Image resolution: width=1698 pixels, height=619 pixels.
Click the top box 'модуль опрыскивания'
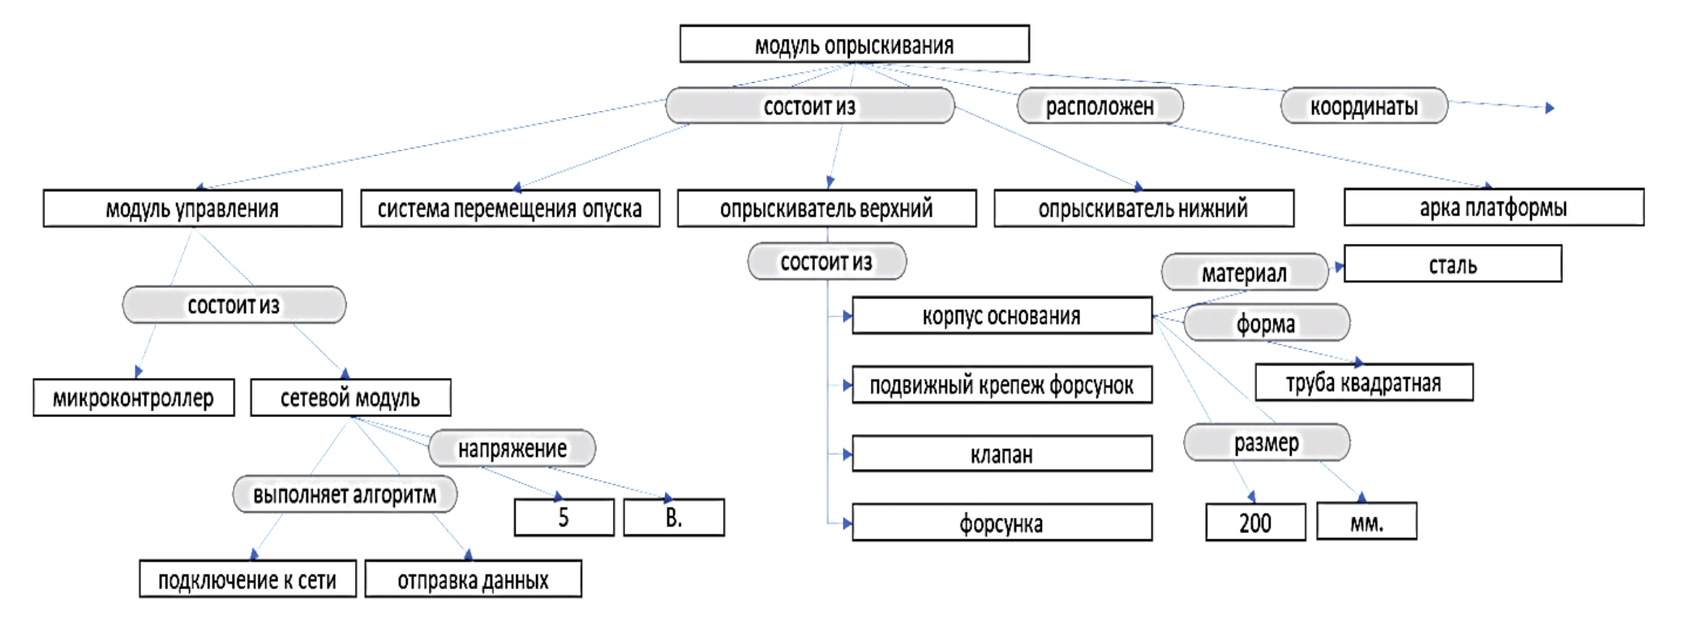click(x=854, y=45)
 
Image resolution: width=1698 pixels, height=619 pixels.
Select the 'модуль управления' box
click(x=192, y=209)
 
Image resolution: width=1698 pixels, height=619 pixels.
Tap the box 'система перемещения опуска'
click(x=509, y=209)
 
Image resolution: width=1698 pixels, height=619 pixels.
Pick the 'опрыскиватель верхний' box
click(x=826, y=209)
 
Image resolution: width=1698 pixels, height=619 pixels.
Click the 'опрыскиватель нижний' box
click(x=1143, y=209)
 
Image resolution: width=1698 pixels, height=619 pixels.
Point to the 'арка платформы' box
click(x=1493, y=208)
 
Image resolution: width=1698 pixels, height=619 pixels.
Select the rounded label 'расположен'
click(x=1100, y=106)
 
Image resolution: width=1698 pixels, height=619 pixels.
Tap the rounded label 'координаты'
click(x=1364, y=106)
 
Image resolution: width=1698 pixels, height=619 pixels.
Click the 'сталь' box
click(x=1452, y=264)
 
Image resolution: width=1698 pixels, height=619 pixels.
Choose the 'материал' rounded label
click(x=1244, y=273)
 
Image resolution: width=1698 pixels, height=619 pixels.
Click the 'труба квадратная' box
click(x=1364, y=383)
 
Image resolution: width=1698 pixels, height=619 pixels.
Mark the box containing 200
click(x=1255, y=522)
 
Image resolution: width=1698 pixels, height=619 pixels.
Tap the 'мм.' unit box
click(x=1366, y=522)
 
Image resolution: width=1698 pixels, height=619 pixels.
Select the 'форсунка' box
click(x=1001, y=523)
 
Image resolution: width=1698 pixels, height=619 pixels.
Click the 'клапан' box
click(x=1001, y=454)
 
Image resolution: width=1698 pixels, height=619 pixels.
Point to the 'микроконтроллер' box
click(x=134, y=398)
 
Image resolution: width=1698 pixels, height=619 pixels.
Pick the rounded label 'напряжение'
click(x=512, y=449)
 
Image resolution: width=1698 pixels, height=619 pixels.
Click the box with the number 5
click(x=564, y=518)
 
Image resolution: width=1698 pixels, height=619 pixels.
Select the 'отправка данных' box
click(x=473, y=579)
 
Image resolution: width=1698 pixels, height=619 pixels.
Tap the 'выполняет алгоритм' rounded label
click(x=345, y=495)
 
